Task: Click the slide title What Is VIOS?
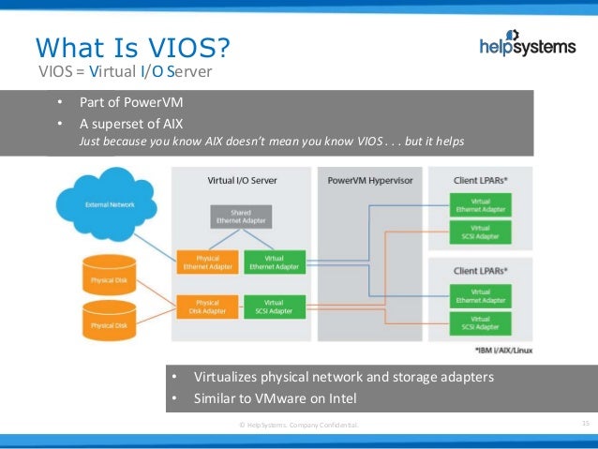[x=132, y=47]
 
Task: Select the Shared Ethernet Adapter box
[x=242, y=217]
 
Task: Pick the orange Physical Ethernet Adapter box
[x=208, y=262]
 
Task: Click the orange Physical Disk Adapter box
[x=208, y=307]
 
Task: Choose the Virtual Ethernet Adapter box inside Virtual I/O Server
[x=275, y=262]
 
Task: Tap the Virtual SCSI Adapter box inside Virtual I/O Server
[x=275, y=307]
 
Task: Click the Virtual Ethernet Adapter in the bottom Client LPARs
[x=480, y=297]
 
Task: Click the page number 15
[x=586, y=425]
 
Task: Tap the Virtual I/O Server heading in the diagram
[x=241, y=178]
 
